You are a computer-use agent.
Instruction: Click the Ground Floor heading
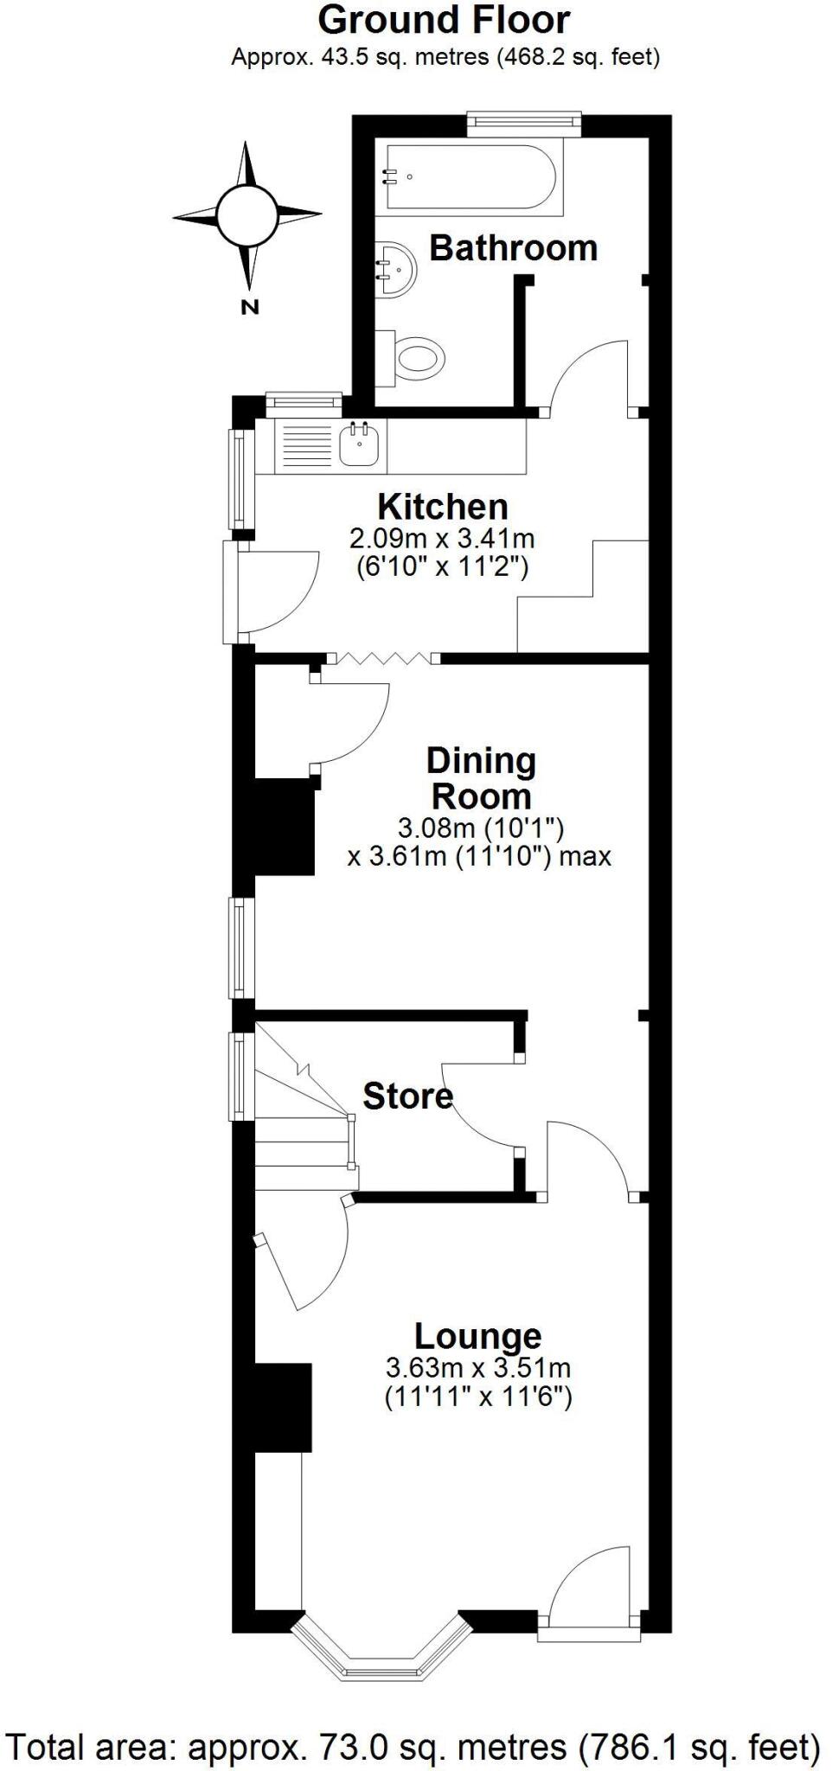coord(444,21)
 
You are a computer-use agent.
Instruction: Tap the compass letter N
coord(250,306)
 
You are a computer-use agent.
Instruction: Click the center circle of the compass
coord(247,214)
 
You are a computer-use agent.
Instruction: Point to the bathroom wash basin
coord(396,269)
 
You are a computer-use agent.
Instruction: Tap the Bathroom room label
coord(513,248)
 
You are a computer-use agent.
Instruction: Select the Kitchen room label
coord(442,506)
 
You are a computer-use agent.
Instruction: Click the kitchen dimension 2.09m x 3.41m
coord(442,539)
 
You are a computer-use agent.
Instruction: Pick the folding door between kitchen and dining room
coord(382,659)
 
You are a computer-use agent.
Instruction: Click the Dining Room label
coord(481,778)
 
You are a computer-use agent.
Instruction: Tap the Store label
coord(407,1096)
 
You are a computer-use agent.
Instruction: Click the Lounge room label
coord(477,1336)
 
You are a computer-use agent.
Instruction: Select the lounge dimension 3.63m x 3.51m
coord(477,1368)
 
